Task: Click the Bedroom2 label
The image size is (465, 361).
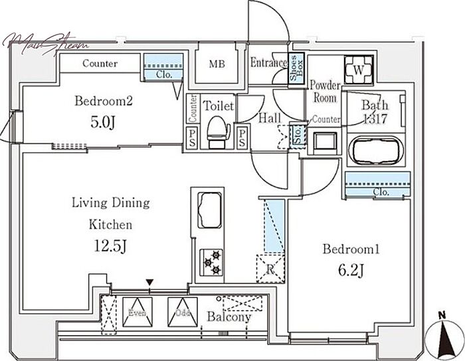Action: (x=104, y=102)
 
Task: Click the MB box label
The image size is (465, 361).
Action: (x=217, y=64)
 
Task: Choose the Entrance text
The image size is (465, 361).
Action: (x=268, y=64)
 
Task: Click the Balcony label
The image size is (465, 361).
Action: (x=229, y=318)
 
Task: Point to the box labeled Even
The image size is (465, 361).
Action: (x=138, y=310)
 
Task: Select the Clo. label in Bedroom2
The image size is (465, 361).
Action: (x=165, y=75)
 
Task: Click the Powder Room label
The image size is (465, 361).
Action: (x=325, y=92)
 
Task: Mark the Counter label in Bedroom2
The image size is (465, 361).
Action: (x=100, y=64)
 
